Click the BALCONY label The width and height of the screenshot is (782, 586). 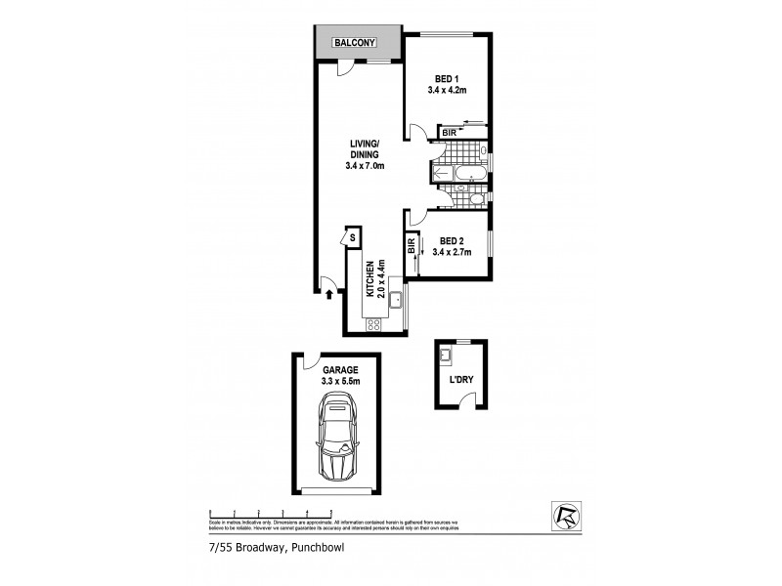(357, 44)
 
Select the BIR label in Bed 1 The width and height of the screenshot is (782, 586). (449, 132)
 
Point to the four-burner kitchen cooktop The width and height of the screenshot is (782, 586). (374, 322)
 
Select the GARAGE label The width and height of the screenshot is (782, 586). (336, 370)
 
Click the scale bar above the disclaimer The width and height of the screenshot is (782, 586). (272, 512)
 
